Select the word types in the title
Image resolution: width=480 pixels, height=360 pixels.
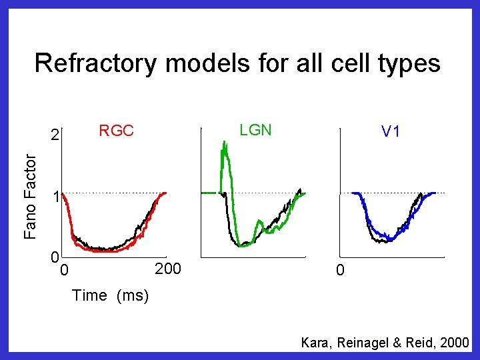click(407, 64)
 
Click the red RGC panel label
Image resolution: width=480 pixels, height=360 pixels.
click(116, 131)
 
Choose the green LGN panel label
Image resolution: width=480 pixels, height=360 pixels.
click(255, 130)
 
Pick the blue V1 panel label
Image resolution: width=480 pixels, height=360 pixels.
click(391, 132)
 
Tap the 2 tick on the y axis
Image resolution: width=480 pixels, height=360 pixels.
click(57, 136)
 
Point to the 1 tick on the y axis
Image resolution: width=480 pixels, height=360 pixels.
click(58, 197)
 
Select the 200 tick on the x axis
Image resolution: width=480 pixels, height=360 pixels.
click(167, 269)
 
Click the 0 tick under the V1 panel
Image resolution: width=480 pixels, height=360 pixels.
click(340, 271)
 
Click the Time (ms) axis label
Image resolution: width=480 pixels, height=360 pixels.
click(110, 295)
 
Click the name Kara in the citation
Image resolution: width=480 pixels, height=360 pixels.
click(315, 343)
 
